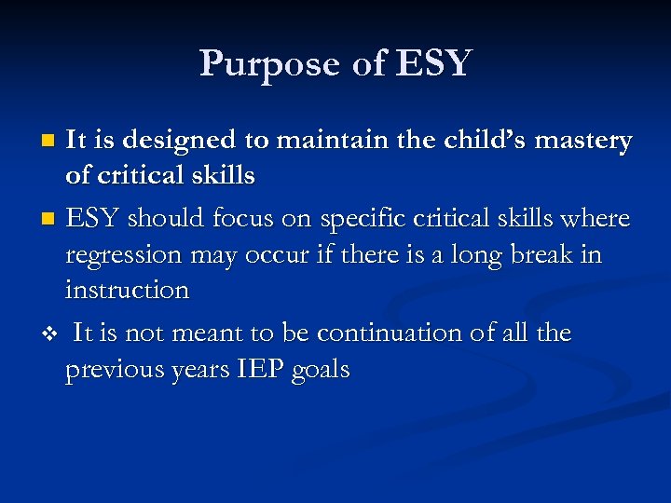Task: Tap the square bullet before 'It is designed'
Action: (49, 142)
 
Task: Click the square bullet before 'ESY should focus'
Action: (49, 220)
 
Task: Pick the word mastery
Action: (588, 141)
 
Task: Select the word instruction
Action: (127, 291)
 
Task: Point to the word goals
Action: (321, 370)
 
